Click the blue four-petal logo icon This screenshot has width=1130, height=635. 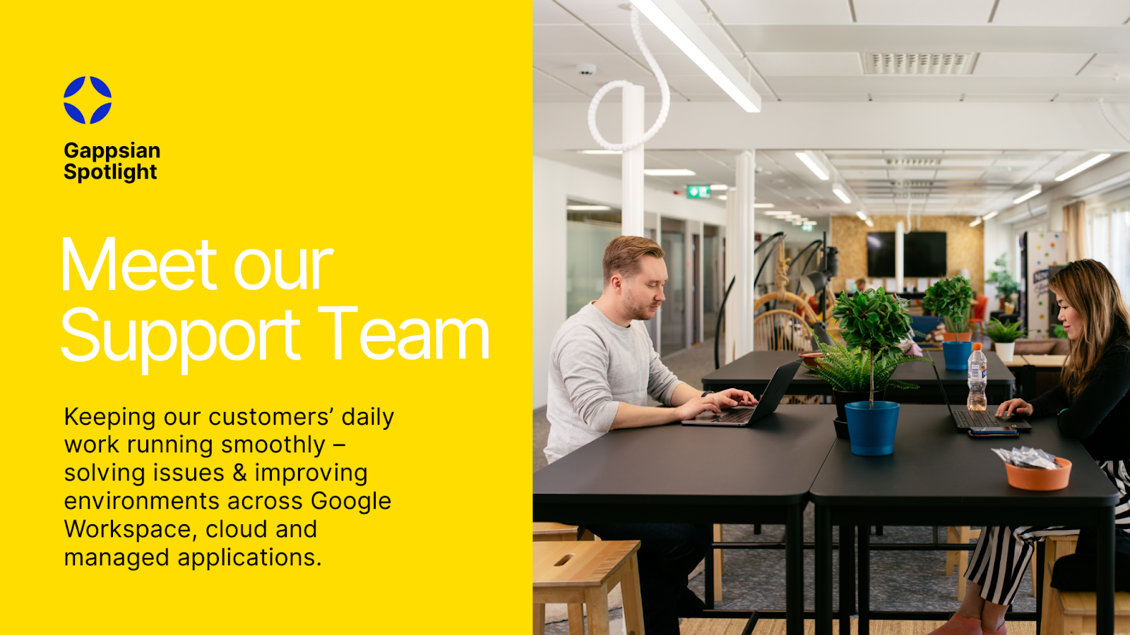(x=88, y=100)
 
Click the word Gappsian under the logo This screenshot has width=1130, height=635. (x=112, y=150)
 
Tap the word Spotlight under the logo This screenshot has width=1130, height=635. (x=110, y=172)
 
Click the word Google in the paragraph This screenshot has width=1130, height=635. (x=351, y=501)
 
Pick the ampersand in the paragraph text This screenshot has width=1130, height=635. (x=239, y=473)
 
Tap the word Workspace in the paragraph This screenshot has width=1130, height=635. (x=128, y=529)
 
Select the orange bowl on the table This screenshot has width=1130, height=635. (x=1038, y=473)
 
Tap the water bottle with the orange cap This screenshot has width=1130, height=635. (x=977, y=377)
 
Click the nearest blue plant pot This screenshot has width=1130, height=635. (x=872, y=428)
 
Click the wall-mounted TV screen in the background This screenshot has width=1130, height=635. (x=907, y=254)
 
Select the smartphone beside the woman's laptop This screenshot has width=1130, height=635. (x=992, y=432)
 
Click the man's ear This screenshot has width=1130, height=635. (x=617, y=284)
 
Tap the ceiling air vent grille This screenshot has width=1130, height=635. (x=917, y=64)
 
